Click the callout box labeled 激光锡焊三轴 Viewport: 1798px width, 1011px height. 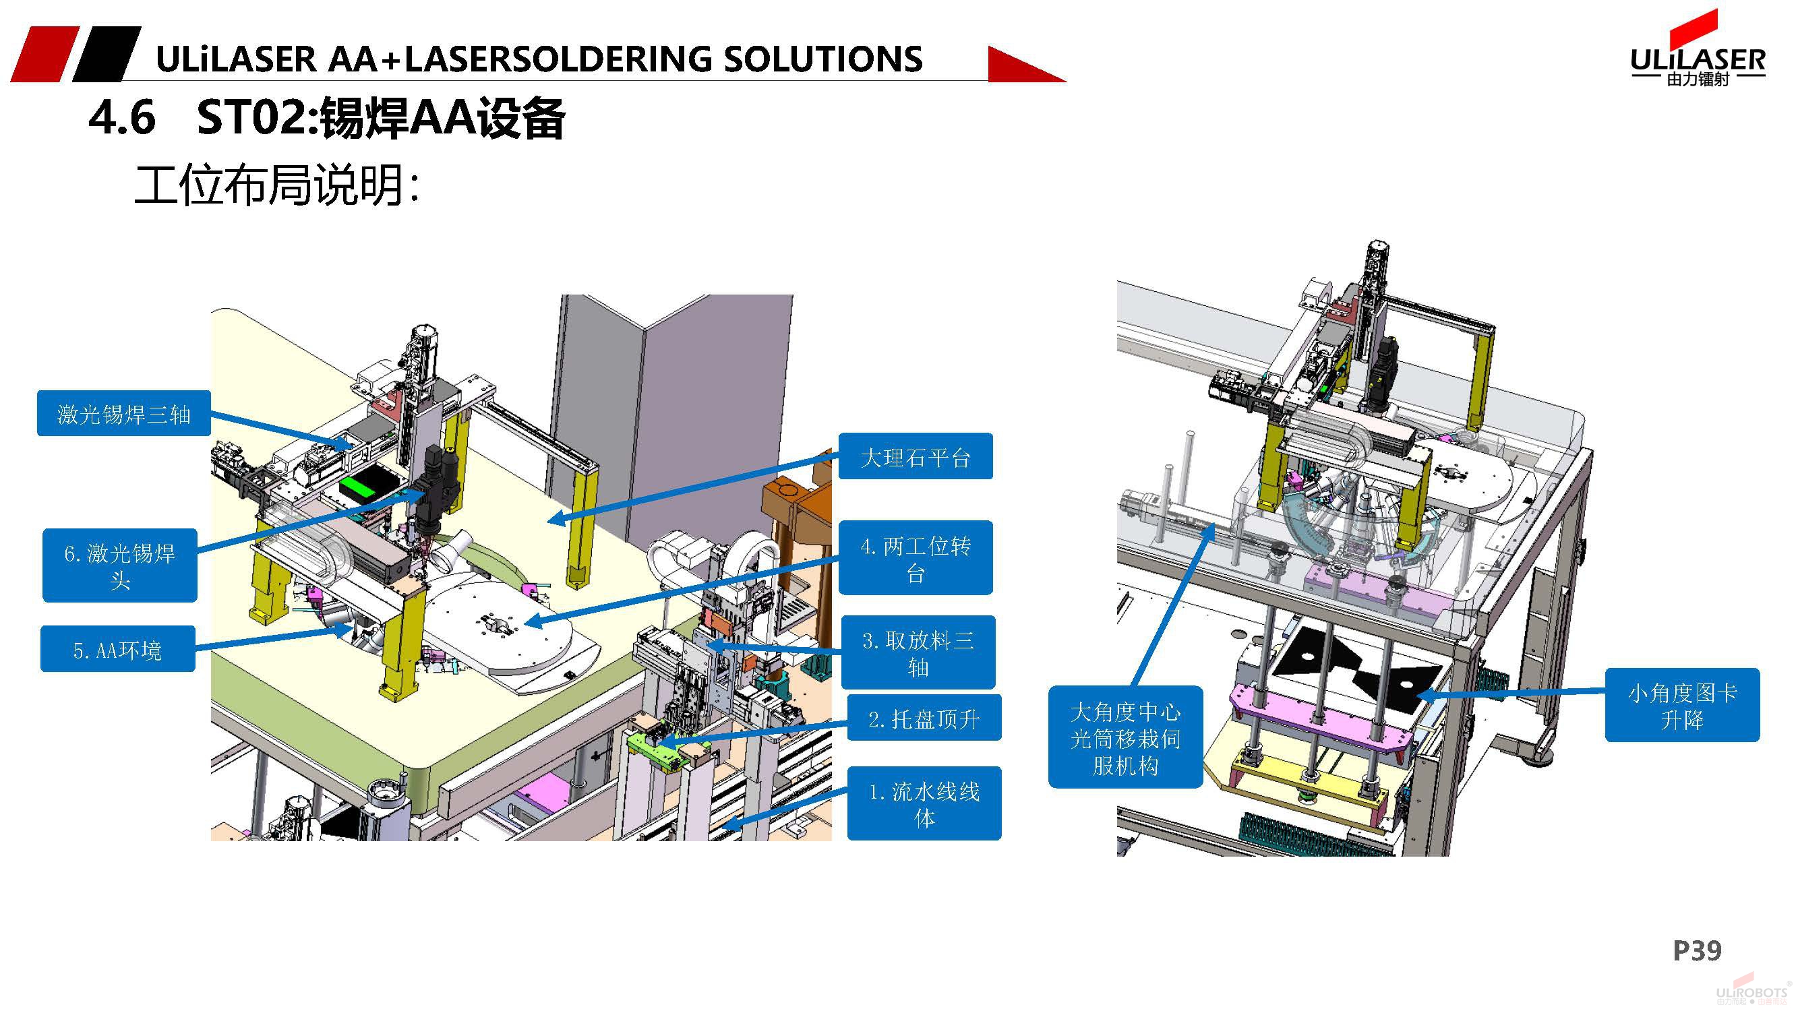pos(123,414)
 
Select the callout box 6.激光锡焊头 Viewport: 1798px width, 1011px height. pos(119,566)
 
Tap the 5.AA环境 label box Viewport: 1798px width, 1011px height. pos(117,650)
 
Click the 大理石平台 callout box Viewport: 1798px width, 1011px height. pos(915,457)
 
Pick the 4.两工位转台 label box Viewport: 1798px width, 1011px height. pos(915,558)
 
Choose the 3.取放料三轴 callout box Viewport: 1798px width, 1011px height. pos(918,652)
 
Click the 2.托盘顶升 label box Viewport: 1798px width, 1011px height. pos(924,718)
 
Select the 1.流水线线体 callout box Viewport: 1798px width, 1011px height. pos(924,804)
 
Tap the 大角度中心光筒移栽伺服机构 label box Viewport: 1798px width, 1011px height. pos(1125,737)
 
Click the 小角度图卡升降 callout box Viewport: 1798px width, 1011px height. pos(1682,706)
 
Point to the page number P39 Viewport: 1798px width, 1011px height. pos(1697,950)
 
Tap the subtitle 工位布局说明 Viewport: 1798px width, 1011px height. pos(276,185)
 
